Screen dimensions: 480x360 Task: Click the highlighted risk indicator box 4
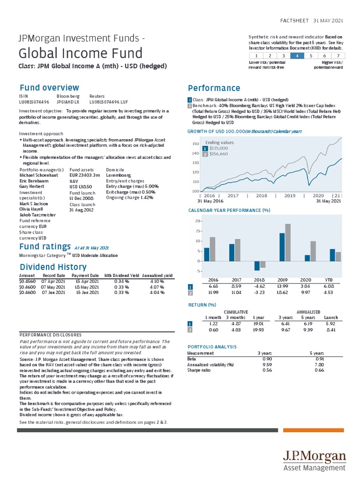(297, 55)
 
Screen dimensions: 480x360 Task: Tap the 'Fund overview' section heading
(49, 88)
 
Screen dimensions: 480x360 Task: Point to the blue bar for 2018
(257, 265)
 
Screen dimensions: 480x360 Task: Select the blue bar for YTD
(332, 255)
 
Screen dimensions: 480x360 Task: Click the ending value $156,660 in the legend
(218, 154)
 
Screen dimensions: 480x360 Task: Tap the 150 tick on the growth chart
(195, 144)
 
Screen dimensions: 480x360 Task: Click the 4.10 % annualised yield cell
(157, 281)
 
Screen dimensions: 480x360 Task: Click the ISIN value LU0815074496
(34, 101)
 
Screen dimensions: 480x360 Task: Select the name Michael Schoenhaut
(38, 175)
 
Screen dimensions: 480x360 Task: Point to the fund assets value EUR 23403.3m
(85, 175)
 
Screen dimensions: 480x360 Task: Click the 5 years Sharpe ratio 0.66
(319, 370)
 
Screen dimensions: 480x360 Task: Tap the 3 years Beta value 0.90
(267, 359)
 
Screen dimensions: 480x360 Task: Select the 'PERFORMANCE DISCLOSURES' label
(51, 335)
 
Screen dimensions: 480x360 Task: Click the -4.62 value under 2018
(259, 286)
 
